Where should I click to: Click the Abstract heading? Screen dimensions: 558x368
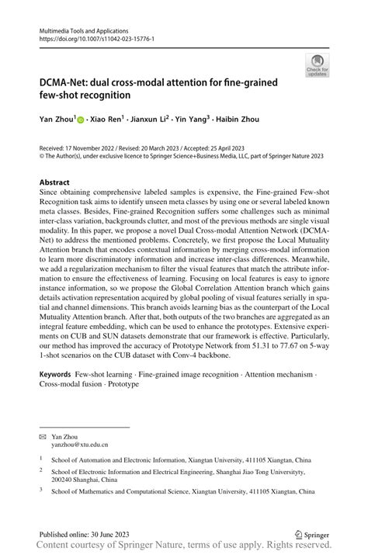59,183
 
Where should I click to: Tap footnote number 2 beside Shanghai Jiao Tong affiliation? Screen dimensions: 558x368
41,470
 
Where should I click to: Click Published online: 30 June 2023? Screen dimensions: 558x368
82,535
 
